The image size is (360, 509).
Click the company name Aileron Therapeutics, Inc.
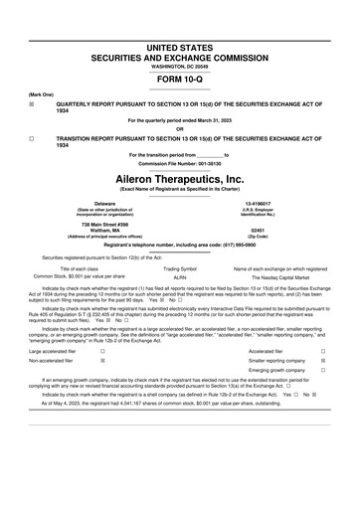(x=180, y=177)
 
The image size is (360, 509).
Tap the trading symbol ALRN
(x=180, y=279)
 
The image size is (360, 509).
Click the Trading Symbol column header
(x=180, y=269)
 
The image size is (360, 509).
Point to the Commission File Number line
(x=180, y=163)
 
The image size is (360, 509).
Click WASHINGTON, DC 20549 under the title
(x=180, y=65)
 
